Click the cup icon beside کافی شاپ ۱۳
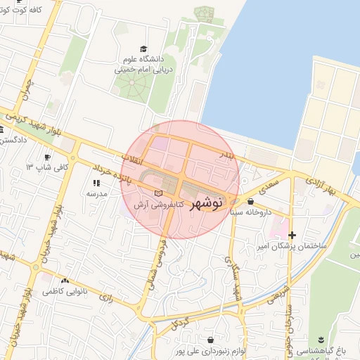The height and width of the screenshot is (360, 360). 47,157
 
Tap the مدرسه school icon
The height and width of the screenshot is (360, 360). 96,183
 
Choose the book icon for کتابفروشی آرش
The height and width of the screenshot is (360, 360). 157,193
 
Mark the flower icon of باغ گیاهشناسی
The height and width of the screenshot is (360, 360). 322,339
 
